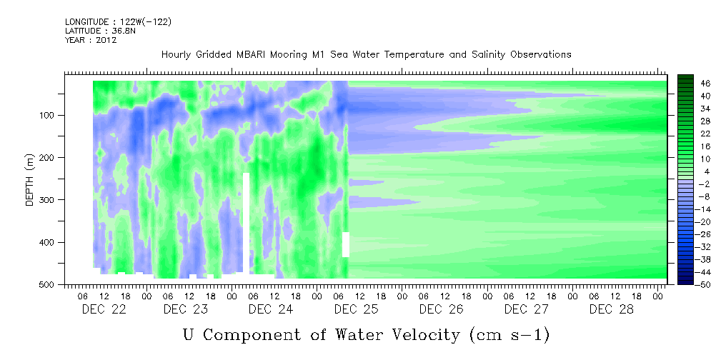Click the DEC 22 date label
pos(104,309)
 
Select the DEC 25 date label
pos(357,309)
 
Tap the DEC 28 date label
pos(612,309)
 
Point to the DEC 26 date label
pos(442,309)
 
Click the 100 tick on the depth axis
pos(49,115)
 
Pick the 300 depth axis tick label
pos(49,200)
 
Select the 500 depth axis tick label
pos(49,284)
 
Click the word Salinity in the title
pos(488,55)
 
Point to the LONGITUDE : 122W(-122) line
pos(118,22)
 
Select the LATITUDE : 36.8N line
pos(100,31)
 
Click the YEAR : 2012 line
pos(91,39)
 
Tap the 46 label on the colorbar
pos(706,84)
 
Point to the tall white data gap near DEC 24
pos(246,223)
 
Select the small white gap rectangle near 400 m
pos(346,244)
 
